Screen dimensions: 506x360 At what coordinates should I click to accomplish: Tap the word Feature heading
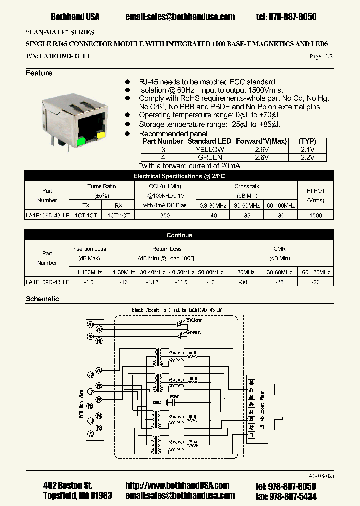pyautogui.click(x=39, y=73)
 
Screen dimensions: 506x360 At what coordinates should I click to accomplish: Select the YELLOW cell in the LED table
pyautogui.click(x=210, y=149)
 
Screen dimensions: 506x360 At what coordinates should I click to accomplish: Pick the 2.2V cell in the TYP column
pyautogui.click(x=307, y=157)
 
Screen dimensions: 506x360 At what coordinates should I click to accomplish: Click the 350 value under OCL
pyautogui.click(x=165, y=215)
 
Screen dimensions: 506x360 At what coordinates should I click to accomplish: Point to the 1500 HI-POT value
pyautogui.click(x=315, y=215)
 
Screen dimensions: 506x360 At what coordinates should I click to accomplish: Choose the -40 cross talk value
pyautogui.click(x=213, y=215)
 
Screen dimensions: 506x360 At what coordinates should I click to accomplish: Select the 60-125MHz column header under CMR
pyautogui.click(x=316, y=272)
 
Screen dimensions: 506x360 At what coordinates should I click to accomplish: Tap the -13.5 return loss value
pyautogui.click(x=152, y=282)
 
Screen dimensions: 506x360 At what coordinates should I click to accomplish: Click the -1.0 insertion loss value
pyautogui.click(x=89, y=282)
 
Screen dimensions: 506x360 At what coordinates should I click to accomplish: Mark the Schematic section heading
pyautogui.click(x=42, y=299)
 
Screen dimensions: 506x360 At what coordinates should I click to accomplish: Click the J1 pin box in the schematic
pyautogui.click(x=252, y=435)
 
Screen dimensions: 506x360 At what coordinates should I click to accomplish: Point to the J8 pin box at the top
pyautogui.click(x=252, y=382)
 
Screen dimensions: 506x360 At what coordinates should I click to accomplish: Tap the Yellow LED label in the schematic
pyautogui.click(x=194, y=320)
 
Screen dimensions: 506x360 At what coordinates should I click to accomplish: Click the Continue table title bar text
pyautogui.click(x=179, y=235)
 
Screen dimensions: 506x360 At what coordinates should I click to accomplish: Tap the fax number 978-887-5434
pyautogui.click(x=292, y=496)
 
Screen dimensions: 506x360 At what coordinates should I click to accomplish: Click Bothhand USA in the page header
pyautogui.click(x=75, y=17)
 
